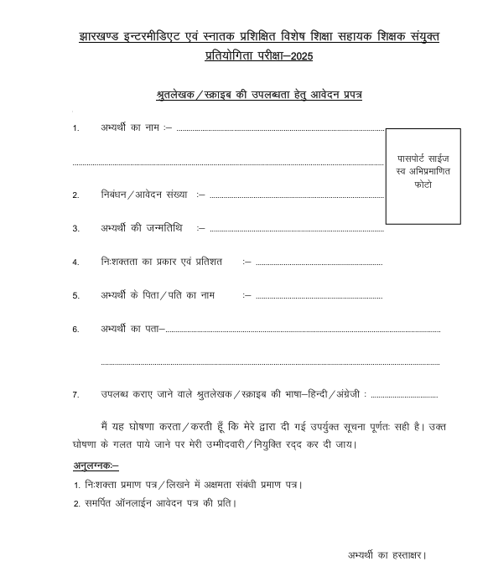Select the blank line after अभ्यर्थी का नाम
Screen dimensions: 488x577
pos(280,131)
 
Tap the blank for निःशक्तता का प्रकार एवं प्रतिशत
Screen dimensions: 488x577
pos(319,263)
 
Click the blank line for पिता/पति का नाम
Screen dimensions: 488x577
pos(319,297)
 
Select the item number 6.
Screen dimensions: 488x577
pos(75,330)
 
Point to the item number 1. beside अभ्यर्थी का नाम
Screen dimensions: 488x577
pos(75,128)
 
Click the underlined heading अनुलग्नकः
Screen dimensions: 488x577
pos(95,465)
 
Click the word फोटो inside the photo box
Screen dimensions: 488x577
pos(423,183)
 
